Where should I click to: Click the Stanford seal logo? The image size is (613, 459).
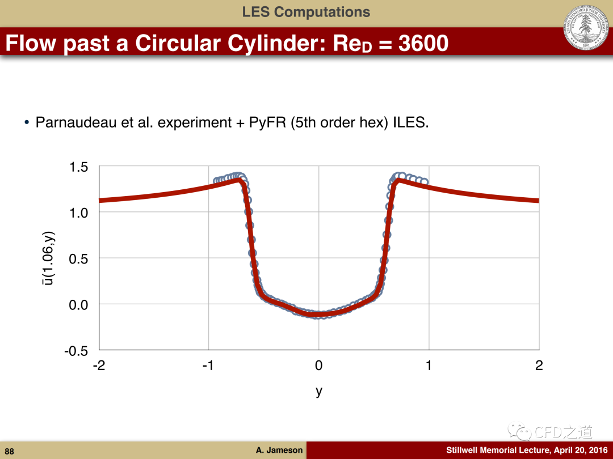click(586, 27)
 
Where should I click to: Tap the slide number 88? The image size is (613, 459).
click(10, 451)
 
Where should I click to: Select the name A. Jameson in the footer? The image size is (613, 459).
click(279, 450)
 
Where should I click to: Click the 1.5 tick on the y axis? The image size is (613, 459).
click(78, 167)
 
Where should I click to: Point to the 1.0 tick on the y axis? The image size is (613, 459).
click(78, 212)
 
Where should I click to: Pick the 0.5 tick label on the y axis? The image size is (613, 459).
click(78, 258)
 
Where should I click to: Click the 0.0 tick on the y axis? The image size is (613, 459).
click(78, 304)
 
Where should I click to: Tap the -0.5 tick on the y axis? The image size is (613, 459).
click(76, 351)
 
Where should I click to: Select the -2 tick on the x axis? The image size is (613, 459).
click(99, 365)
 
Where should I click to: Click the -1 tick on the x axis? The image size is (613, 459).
click(208, 365)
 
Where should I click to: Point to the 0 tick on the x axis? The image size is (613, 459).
click(318, 365)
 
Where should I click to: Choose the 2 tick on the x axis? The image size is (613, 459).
click(539, 365)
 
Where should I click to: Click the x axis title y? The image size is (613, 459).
click(319, 391)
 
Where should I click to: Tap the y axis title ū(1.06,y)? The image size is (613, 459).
click(48, 258)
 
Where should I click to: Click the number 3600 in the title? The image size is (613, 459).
click(423, 43)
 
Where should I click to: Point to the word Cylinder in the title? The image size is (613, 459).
click(276, 43)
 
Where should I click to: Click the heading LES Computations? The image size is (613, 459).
click(306, 12)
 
